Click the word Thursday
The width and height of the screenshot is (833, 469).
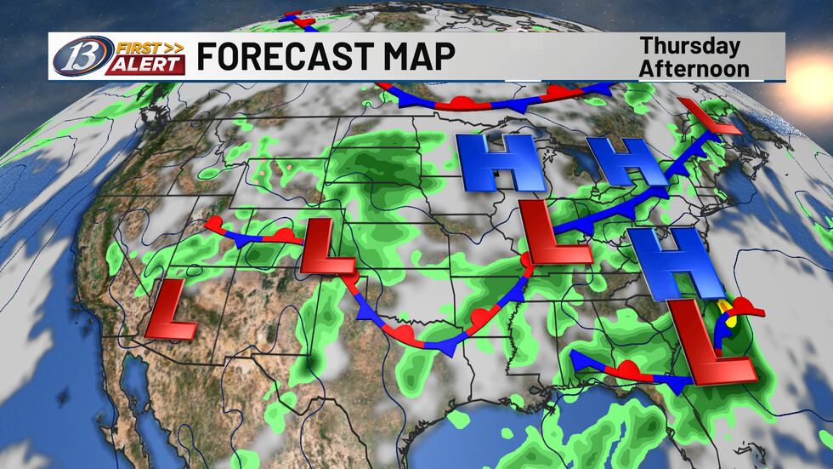point(689,46)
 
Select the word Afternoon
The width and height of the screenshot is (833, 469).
point(694,67)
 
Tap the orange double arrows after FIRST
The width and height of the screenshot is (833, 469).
point(173,45)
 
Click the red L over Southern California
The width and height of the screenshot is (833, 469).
point(173,306)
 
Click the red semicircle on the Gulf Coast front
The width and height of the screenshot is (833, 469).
point(627,368)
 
